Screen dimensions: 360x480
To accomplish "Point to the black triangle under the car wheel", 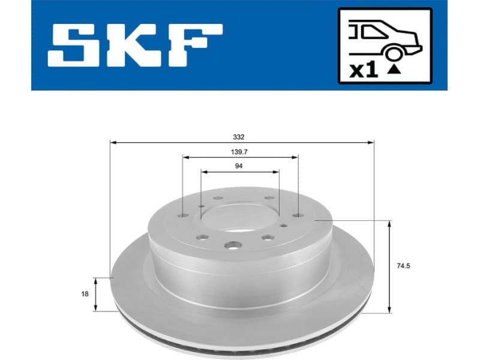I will point(394,70).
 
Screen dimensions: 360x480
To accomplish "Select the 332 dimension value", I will point(239,136).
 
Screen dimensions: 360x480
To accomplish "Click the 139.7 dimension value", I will point(239,151).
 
